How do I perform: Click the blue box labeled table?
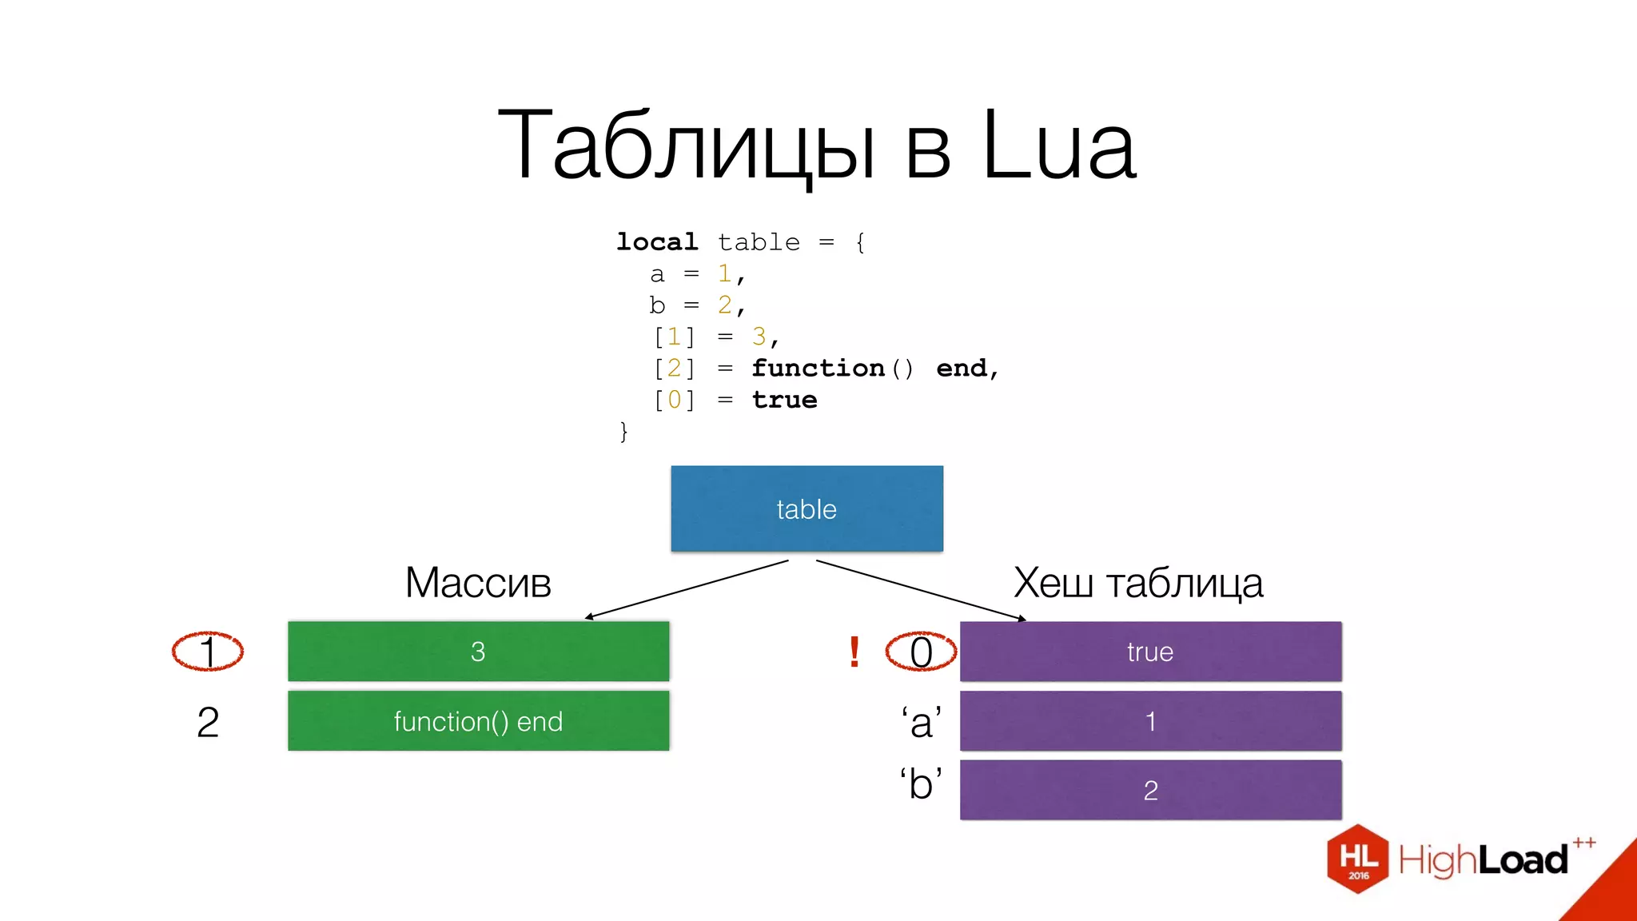click(807, 508)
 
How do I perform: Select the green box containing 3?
click(478, 652)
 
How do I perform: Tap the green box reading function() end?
click(478, 721)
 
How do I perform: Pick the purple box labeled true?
click(1150, 652)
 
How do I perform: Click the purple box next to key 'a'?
click(1150, 721)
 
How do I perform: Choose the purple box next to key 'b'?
click(1150, 790)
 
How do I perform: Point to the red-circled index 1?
click(208, 652)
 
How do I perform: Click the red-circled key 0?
click(921, 652)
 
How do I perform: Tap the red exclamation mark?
click(854, 652)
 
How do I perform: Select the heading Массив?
click(478, 583)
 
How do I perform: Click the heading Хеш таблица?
click(1138, 583)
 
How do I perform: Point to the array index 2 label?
click(208, 722)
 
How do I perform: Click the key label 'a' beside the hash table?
click(922, 722)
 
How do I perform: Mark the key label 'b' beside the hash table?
click(922, 783)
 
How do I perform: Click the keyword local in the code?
click(657, 241)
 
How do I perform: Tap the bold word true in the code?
click(784, 400)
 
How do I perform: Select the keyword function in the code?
click(818, 368)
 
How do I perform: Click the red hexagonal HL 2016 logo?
click(1358, 859)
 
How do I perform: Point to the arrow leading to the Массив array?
click(687, 589)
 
